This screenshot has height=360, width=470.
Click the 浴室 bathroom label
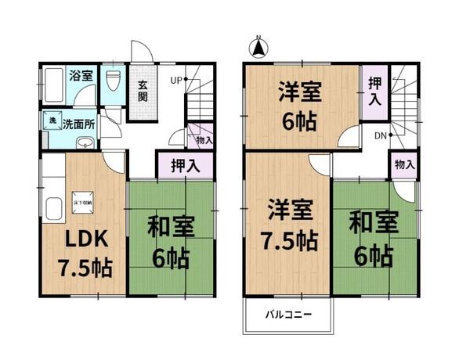(x=82, y=76)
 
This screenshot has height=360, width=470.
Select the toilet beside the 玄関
(x=112, y=81)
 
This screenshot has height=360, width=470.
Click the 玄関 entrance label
(x=143, y=91)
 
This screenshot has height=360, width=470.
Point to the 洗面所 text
(x=78, y=123)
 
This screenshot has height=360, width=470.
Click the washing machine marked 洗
(x=49, y=122)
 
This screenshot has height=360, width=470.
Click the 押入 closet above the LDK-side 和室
(x=186, y=166)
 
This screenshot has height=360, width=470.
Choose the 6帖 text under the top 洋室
(x=300, y=123)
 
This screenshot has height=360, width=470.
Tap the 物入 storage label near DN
(x=404, y=165)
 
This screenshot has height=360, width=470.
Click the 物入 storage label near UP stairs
(x=203, y=140)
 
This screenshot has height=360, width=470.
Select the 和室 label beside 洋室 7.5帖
(x=371, y=221)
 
